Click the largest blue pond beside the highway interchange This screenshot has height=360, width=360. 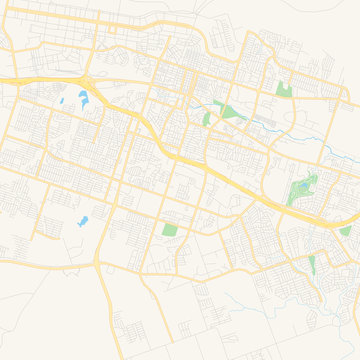coord(82,98)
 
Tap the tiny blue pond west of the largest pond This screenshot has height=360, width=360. coord(61,100)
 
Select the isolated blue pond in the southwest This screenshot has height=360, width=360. coord(83,220)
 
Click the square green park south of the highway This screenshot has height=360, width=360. coord(169,230)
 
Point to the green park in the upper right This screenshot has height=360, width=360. coord(284,88)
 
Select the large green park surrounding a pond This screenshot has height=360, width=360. coord(301,190)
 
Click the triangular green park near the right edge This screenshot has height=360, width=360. coord(345,231)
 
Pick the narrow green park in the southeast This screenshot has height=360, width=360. coord(312,265)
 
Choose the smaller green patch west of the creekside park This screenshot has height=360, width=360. coord(207,118)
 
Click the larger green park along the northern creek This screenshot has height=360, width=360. coord(224,111)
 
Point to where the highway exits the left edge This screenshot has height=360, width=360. coord(3,80)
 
